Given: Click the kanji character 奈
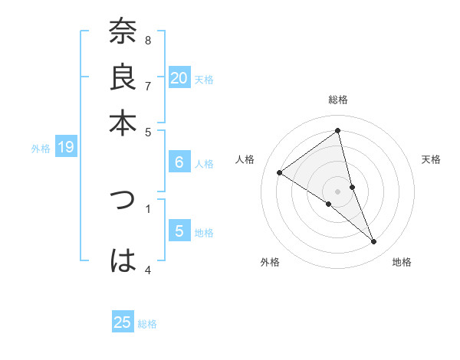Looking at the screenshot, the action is (x=123, y=33).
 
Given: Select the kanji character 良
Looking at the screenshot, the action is (x=123, y=79).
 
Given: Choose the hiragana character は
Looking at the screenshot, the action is (x=123, y=261).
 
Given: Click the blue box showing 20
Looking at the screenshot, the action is (x=179, y=78).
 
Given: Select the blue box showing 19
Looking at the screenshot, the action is (x=65, y=147).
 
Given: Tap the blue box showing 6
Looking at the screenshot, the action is (x=179, y=162).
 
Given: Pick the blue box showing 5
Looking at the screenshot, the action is (x=179, y=231).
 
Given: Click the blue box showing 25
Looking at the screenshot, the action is (x=123, y=322).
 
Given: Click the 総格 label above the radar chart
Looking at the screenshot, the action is (x=338, y=100).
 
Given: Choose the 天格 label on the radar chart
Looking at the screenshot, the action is (x=431, y=159).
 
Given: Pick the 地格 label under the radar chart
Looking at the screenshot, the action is (x=402, y=263).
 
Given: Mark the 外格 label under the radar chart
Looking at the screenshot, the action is (x=270, y=263).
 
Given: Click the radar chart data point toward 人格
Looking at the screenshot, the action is (x=280, y=173).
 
